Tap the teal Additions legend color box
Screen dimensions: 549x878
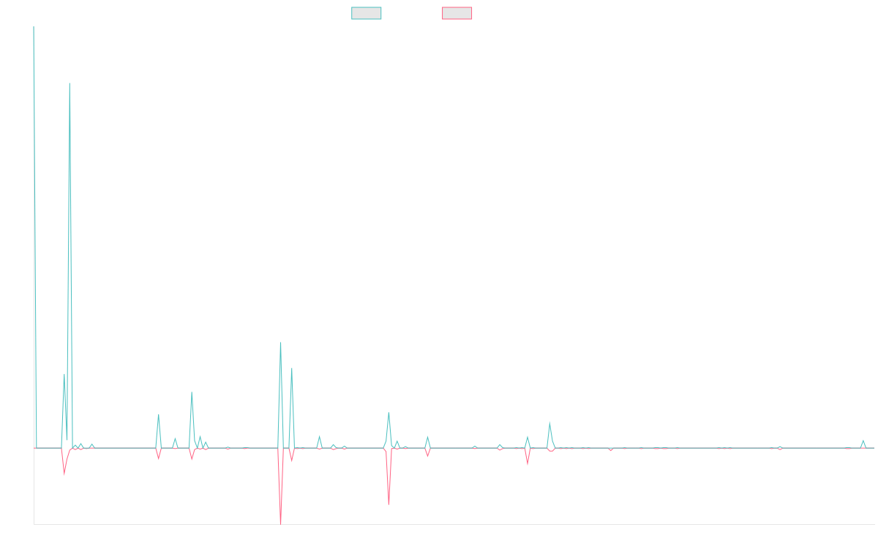coord(367,13)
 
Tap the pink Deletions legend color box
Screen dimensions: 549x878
coord(457,13)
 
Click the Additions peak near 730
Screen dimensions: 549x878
coord(70,83)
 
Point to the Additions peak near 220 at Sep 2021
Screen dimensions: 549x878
coord(280,343)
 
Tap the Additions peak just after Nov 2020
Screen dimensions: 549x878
coord(159,415)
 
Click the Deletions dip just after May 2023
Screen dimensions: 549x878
coord(528,464)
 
